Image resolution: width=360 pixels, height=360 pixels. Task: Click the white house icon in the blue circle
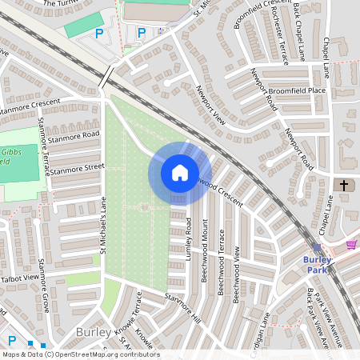coord(180,173)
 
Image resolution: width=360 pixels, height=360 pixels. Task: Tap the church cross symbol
coord(345,186)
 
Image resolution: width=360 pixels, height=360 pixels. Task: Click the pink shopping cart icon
coord(351,244)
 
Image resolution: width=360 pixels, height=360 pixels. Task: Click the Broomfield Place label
coord(297,90)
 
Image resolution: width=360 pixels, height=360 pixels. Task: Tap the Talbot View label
coord(19,278)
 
